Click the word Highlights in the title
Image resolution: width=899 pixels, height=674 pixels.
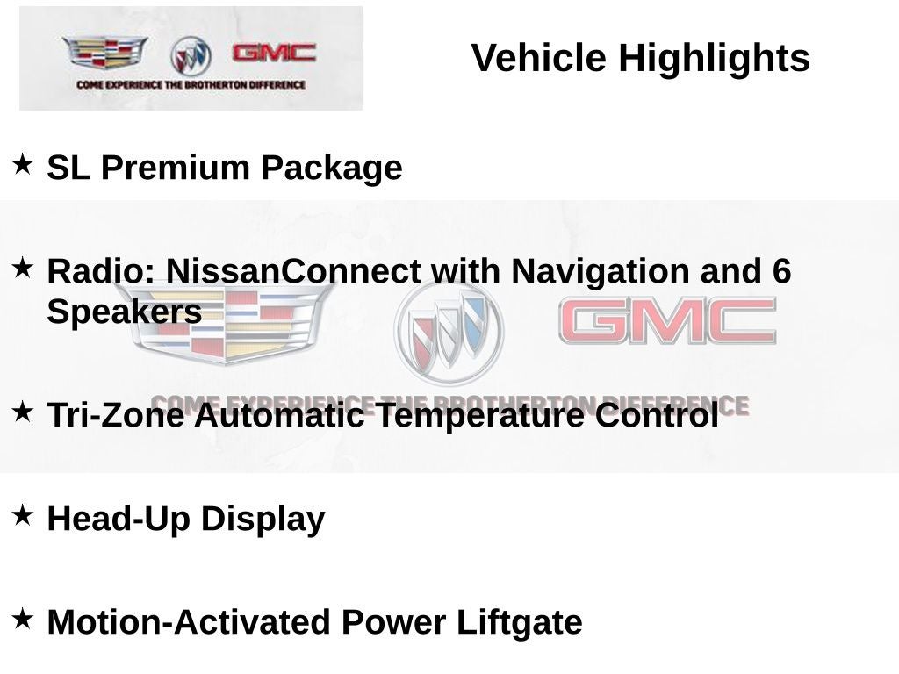tap(714, 59)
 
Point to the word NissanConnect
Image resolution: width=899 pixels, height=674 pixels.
tap(293, 271)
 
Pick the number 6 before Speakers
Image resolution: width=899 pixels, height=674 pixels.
tap(781, 271)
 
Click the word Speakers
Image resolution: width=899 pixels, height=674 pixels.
tap(124, 312)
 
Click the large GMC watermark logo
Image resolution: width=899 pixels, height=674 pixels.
tap(667, 321)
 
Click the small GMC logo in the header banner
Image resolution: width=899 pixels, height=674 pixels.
tap(273, 53)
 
